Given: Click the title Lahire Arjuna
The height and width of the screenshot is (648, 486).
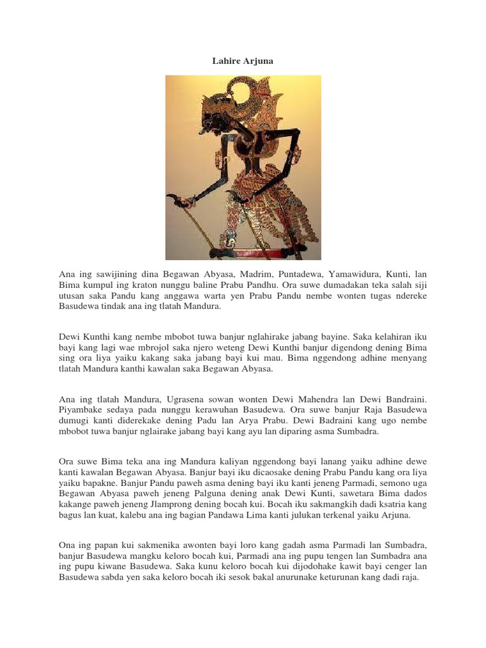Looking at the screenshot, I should click(242, 61).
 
